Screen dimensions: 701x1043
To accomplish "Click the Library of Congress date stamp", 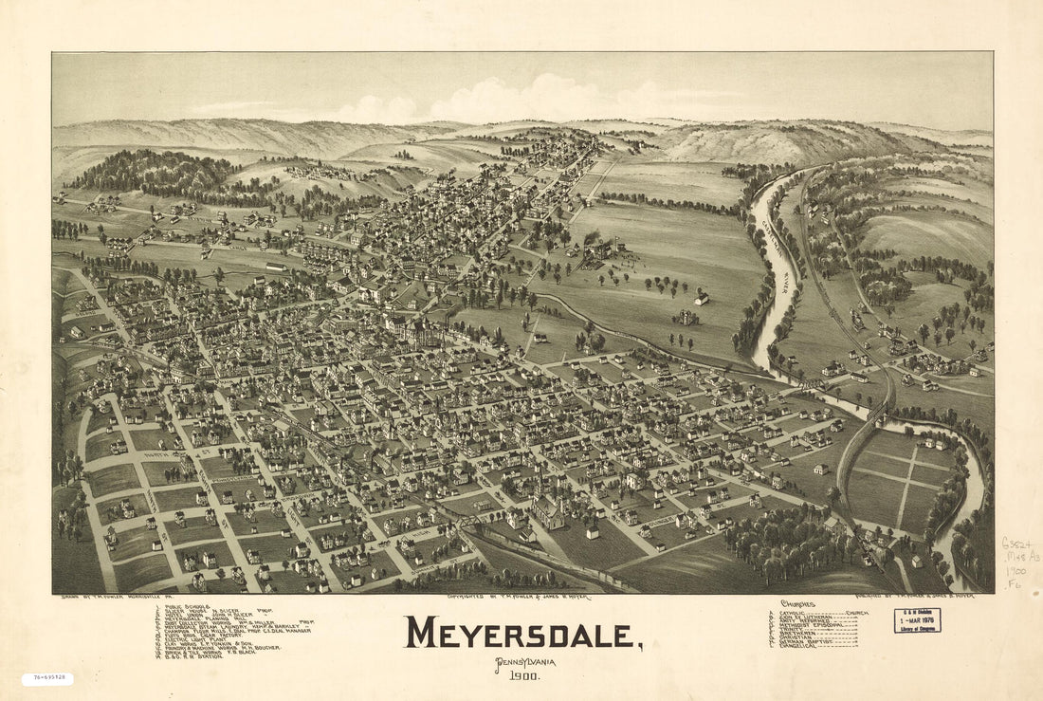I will (x=917, y=620).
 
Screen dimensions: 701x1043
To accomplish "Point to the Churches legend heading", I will (x=797, y=604).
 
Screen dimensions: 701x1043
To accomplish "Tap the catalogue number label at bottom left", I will (x=47, y=679).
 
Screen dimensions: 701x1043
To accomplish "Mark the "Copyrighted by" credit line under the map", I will (x=517, y=598).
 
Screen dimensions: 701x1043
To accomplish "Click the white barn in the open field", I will (x=701, y=299).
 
